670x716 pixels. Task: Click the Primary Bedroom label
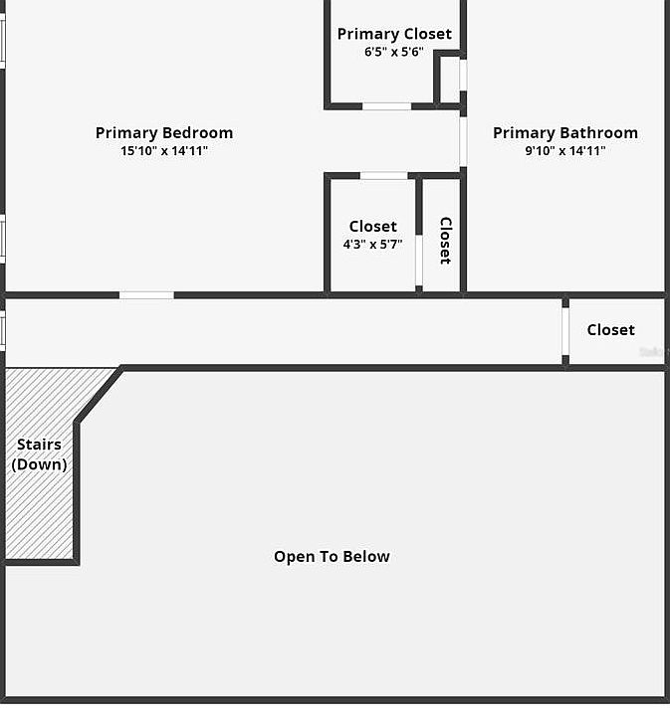tap(164, 133)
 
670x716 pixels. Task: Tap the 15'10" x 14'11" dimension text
tap(164, 151)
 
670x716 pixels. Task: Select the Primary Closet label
tap(394, 34)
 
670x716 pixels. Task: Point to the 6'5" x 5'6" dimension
tap(394, 52)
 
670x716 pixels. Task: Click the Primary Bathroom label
tap(565, 133)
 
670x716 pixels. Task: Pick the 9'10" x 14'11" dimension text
tap(565, 151)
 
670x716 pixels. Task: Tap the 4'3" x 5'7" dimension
tap(372, 244)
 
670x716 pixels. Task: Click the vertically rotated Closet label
tap(446, 241)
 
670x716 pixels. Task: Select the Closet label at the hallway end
tap(610, 330)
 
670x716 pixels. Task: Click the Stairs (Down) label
tap(39, 454)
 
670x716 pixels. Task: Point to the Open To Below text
tap(332, 557)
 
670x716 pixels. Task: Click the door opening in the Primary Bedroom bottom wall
tap(146, 294)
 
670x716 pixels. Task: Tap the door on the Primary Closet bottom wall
tap(386, 105)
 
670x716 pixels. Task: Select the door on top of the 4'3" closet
tap(383, 176)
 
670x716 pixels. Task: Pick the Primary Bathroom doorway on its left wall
tap(463, 142)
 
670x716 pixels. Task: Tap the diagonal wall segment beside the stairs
tap(100, 395)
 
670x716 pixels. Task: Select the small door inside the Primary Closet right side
tap(463, 75)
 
